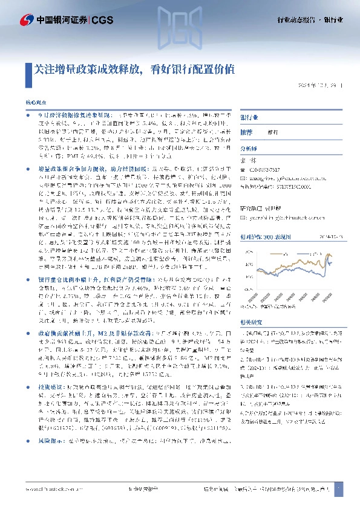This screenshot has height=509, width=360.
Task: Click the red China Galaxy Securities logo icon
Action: click(x=27, y=21)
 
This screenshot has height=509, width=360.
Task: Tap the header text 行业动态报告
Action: click(x=296, y=21)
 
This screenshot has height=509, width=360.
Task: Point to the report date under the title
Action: click(x=321, y=86)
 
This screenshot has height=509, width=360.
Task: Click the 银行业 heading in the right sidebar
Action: click(x=249, y=117)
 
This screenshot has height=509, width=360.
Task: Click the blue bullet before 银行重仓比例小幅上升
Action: click(x=28, y=280)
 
